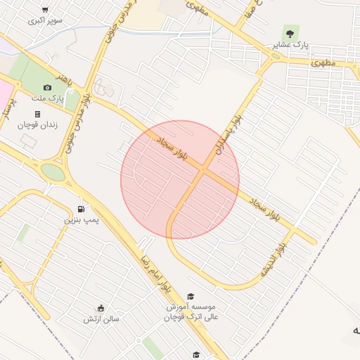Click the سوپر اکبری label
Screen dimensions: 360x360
[45, 20]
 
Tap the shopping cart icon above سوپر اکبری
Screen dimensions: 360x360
[45, 10]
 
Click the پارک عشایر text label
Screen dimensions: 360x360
[290, 44]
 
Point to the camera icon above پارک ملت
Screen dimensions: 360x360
[47, 87]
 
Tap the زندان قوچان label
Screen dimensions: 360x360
[37, 124]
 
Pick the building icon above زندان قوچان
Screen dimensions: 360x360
[37, 113]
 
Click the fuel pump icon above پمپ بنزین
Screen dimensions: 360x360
[82, 209]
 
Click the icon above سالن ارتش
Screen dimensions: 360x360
[101, 308]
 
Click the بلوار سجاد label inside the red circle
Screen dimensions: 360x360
[170, 145]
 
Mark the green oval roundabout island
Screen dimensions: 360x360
[53, 171]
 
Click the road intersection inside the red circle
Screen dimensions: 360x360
[202, 170]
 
